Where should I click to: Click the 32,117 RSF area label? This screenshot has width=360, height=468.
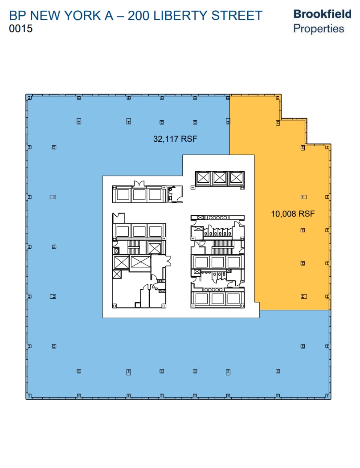(175, 139)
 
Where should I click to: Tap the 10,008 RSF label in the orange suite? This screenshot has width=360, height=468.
(293, 214)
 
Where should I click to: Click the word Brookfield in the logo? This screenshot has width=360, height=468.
(322, 14)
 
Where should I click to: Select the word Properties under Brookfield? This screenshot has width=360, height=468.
(319, 29)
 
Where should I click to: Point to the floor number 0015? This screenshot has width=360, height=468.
(20, 29)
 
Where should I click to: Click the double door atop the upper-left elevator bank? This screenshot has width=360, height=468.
(139, 183)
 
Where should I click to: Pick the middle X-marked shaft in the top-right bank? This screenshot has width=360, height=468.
(219, 178)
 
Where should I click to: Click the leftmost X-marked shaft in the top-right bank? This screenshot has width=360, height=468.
(203, 178)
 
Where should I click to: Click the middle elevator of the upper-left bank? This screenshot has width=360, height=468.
(139, 195)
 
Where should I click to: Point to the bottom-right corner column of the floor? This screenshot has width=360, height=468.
(328, 396)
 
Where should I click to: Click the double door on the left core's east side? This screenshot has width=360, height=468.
(168, 261)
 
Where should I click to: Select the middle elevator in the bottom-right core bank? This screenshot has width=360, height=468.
(217, 298)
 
